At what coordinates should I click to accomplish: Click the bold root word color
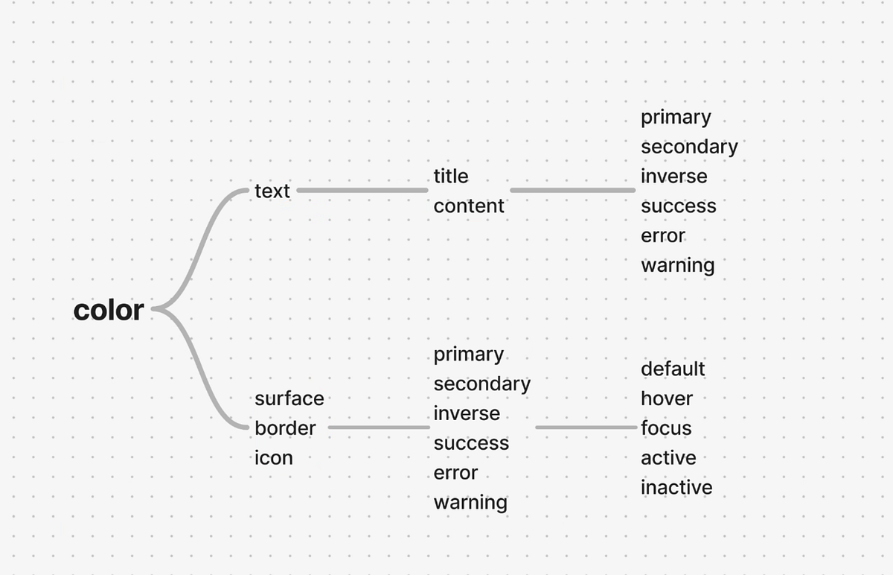click(x=109, y=310)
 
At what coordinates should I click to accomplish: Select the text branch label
click(x=272, y=191)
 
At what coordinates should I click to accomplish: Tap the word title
click(x=451, y=176)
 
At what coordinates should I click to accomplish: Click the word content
click(x=469, y=206)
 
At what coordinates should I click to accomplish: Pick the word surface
click(x=289, y=398)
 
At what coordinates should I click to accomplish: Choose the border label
click(x=286, y=428)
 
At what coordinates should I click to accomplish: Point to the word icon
click(x=274, y=457)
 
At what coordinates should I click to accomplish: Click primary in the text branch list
click(x=676, y=118)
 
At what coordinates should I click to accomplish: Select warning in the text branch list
click(x=678, y=265)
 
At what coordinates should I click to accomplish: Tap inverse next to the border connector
click(x=467, y=413)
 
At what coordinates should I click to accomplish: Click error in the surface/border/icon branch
click(x=455, y=473)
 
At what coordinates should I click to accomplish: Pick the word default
click(x=673, y=369)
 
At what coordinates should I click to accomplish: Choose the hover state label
click(x=667, y=398)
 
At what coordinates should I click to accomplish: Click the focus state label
click(x=666, y=428)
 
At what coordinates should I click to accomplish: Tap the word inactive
click(x=676, y=487)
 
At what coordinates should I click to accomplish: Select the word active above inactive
click(x=668, y=457)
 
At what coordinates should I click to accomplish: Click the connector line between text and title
click(x=362, y=191)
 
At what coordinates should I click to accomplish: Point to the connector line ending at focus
click(x=586, y=428)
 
